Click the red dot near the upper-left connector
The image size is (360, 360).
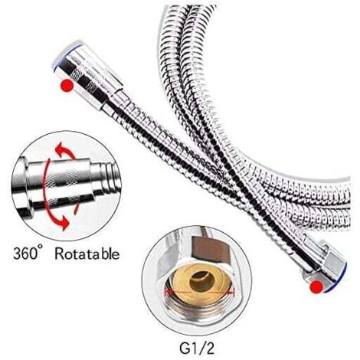click(x=67, y=86)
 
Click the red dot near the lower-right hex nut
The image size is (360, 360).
click(x=316, y=287)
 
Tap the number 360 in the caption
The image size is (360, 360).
click(x=25, y=254)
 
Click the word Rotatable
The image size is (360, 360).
click(x=87, y=254)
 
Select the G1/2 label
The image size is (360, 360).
click(x=197, y=348)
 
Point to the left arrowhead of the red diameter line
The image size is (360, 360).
click(x=167, y=291)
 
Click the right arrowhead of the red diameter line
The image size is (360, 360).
click(x=231, y=291)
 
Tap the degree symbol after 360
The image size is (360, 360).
click(x=41, y=248)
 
